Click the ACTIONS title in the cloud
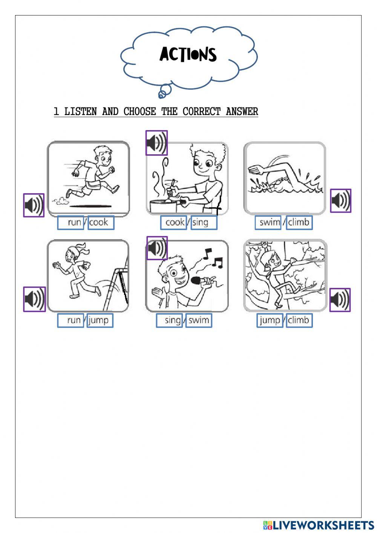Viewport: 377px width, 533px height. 188,54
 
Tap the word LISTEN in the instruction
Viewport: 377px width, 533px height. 81,111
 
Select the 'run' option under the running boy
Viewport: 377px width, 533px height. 70,223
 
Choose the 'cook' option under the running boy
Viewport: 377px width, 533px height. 101,223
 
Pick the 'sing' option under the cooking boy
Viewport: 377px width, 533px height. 204,223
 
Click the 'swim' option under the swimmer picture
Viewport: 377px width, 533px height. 268,223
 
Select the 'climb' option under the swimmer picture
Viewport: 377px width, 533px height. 299,223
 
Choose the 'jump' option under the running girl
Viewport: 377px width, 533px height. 100,320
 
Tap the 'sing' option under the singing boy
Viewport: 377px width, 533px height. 169,320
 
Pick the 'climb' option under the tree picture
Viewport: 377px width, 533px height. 299,320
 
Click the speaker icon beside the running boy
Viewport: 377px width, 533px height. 34,205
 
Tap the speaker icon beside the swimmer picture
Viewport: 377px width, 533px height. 340,201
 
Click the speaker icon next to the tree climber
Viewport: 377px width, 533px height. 340,300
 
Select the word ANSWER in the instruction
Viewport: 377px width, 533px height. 242,111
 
